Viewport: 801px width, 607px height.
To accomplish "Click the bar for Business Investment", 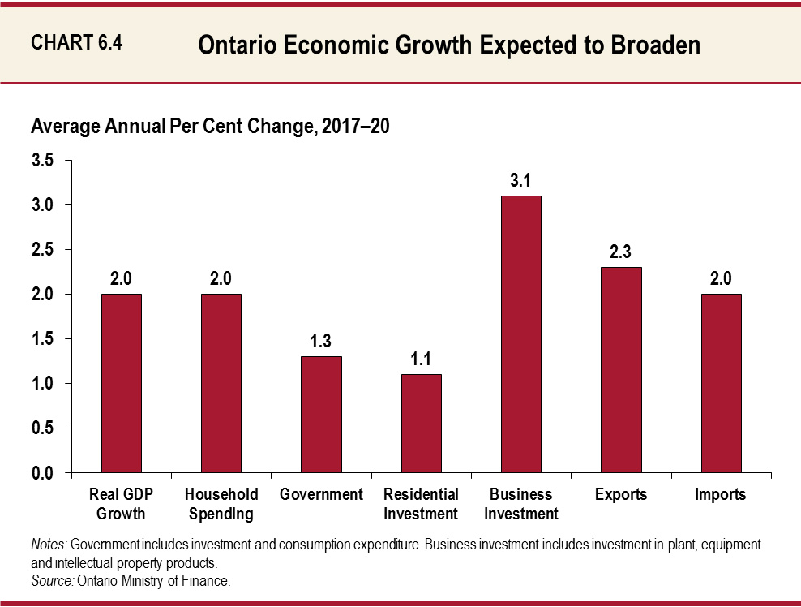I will pyautogui.click(x=520, y=334).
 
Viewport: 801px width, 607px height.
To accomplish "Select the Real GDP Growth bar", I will pyautogui.click(x=121, y=383).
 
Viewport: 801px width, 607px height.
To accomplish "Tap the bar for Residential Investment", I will pyautogui.click(x=421, y=423).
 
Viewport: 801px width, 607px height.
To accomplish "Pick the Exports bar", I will pyautogui.click(x=621, y=370).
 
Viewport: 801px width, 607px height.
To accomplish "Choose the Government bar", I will pyautogui.click(x=321, y=414).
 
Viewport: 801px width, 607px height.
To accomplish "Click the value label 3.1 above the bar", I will pyautogui.click(x=520, y=180).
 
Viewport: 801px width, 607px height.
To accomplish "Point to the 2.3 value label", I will pyautogui.click(x=621, y=252).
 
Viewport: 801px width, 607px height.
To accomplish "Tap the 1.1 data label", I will pyautogui.click(x=421, y=359).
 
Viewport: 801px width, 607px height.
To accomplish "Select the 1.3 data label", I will pyautogui.click(x=321, y=341).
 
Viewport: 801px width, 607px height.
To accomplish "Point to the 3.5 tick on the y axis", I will pyautogui.click(x=42, y=161).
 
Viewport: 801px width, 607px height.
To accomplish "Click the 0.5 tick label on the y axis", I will pyautogui.click(x=42, y=428).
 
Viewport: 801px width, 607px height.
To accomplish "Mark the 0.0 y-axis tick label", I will pyautogui.click(x=42, y=472).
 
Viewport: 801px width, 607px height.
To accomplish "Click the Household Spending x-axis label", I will pyautogui.click(x=221, y=504).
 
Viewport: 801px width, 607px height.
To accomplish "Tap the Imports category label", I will pyautogui.click(x=720, y=494).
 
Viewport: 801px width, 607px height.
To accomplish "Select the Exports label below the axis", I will pyautogui.click(x=620, y=494).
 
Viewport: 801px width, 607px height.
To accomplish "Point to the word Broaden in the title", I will pyautogui.click(x=653, y=45).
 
